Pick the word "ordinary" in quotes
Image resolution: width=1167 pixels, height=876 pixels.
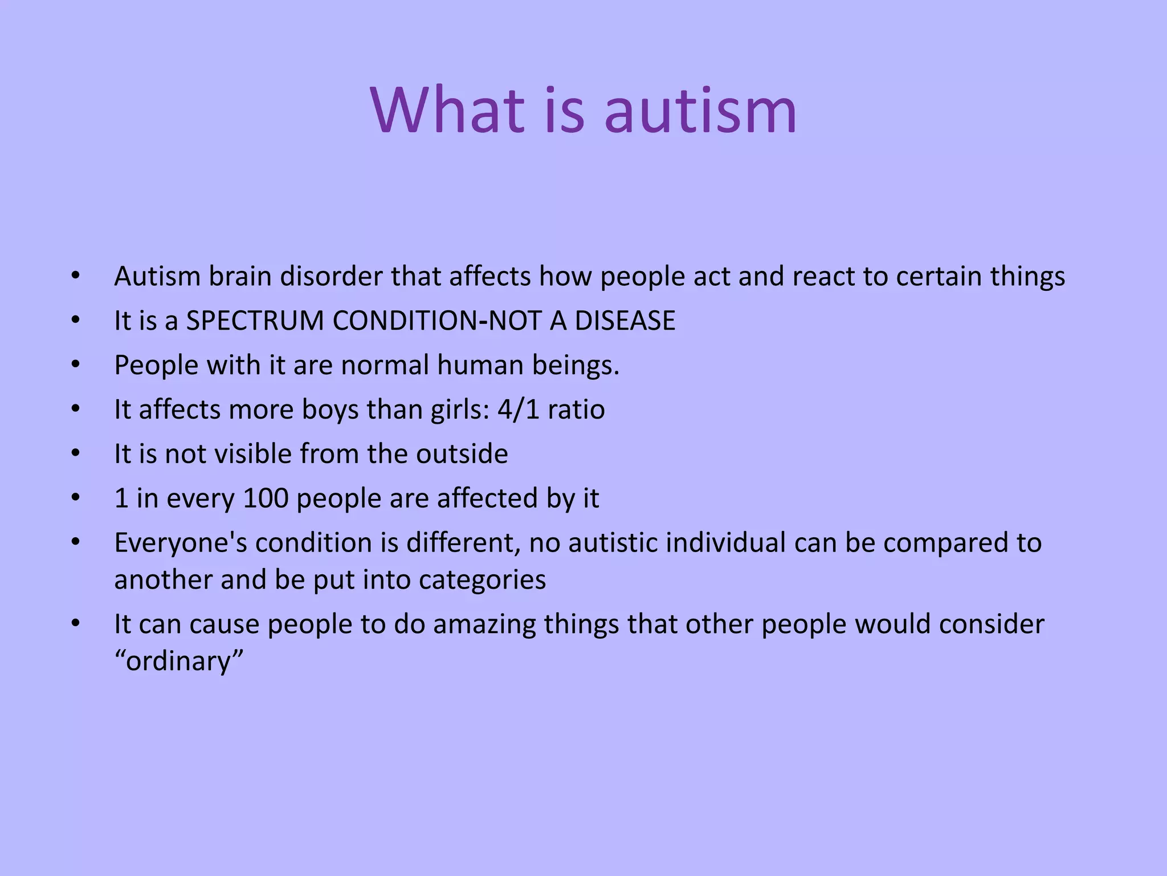click(x=179, y=662)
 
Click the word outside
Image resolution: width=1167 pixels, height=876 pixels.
click(x=462, y=454)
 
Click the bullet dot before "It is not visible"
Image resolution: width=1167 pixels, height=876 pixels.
click(x=76, y=454)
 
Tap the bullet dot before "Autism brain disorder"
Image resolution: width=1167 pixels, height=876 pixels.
click(x=76, y=277)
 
